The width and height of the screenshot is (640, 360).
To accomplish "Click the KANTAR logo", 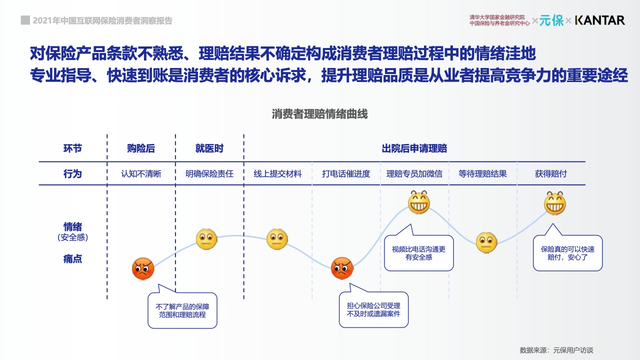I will (599, 20).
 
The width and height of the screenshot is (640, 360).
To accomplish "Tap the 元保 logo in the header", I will (551, 20).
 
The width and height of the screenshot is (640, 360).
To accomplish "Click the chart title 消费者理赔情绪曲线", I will (319, 114).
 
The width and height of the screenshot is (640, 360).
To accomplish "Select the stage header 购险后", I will (141, 148).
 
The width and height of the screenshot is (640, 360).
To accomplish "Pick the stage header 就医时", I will (209, 148).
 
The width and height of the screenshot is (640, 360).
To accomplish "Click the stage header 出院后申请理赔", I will (414, 148).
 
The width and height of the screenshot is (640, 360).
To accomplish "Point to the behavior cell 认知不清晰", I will (141, 174).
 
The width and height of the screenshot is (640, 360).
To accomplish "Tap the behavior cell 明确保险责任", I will (209, 174).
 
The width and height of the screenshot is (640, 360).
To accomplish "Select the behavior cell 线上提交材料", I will (277, 174).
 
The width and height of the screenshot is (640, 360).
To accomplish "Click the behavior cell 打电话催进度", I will (346, 174).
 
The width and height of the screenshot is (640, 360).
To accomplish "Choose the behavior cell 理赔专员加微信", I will (414, 174).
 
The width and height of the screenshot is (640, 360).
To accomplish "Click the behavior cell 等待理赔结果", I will (482, 174).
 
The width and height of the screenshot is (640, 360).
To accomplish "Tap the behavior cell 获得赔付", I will (551, 174).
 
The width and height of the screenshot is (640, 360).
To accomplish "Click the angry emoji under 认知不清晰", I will (143, 269).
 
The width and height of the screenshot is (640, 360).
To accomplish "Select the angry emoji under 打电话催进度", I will (342, 268).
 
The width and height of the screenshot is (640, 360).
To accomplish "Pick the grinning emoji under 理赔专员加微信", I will (419, 202).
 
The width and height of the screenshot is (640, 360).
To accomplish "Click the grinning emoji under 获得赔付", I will (555, 203).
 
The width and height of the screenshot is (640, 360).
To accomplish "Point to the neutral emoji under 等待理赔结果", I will (486, 242).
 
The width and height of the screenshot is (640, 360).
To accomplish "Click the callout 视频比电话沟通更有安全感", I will (418, 253).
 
